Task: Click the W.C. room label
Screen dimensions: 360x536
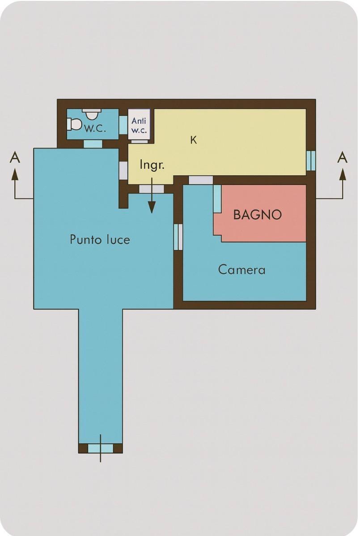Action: coord(95,128)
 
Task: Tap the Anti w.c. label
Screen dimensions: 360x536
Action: coord(139,125)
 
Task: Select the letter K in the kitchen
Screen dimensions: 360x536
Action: coord(194,140)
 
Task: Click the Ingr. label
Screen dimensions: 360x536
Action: coord(152,165)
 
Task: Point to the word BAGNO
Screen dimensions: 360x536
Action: coord(258,215)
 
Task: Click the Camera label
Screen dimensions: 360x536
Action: coord(242,270)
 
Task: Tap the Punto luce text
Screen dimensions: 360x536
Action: coord(100,239)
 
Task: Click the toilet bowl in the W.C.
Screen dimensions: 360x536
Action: coord(74,124)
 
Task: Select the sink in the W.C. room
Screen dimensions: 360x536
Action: coord(92,114)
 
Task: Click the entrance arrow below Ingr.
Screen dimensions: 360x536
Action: coord(152,195)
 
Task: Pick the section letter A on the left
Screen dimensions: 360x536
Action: coord(15,157)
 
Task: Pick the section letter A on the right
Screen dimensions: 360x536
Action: coord(342,157)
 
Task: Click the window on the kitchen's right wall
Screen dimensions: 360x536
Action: coord(311,160)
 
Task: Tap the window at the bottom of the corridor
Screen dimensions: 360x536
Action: coord(101,448)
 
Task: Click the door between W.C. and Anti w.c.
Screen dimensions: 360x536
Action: coord(123,125)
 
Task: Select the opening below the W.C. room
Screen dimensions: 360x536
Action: coord(93,144)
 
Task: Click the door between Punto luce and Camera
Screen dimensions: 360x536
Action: coord(178,237)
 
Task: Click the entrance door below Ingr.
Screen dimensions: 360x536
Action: coord(151,189)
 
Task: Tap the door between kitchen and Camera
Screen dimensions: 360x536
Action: coord(201,180)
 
